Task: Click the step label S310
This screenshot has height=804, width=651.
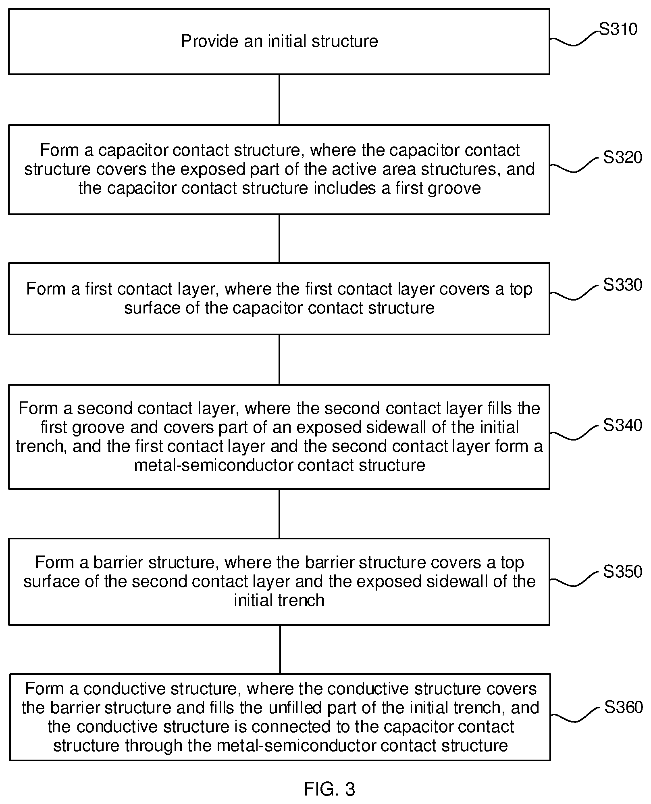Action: click(618, 29)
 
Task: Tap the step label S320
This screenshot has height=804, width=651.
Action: click(622, 157)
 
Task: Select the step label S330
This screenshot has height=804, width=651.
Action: click(622, 285)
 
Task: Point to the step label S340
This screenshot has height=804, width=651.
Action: click(622, 425)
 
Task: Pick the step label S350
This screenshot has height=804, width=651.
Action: click(622, 572)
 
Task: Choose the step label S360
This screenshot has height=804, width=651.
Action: click(623, 707)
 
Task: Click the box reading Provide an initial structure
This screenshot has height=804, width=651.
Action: click(279, 42)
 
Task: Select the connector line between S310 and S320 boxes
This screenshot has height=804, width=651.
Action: click(279, 100)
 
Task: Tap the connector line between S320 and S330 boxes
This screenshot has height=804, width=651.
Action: click(279, 238)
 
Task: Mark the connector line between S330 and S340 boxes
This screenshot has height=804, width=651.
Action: click(279, 359)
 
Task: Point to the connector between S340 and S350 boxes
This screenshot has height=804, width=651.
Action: click(279, 514)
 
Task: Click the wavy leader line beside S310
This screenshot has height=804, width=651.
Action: click(574, 38)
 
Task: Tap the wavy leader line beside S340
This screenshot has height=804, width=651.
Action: click(574, 432)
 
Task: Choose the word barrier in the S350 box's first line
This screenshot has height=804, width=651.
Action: click(117, 562)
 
